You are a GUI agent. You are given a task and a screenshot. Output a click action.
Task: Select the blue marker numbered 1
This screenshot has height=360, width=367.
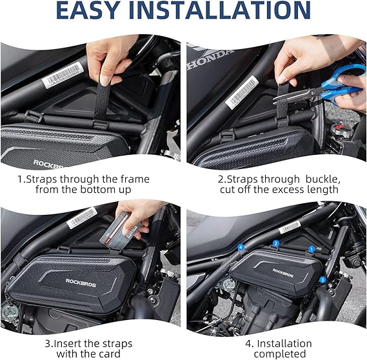tap(311, 248)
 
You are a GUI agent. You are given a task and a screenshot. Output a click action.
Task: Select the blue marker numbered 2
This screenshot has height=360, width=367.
tap(275, 243)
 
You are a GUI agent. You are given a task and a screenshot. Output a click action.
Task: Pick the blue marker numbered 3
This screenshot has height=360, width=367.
tap(322, 279)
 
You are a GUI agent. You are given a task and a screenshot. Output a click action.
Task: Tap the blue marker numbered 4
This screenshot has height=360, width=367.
tap(241, 247)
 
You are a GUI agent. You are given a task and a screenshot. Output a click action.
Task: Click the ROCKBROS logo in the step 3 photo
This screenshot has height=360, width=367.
tap(82, 281)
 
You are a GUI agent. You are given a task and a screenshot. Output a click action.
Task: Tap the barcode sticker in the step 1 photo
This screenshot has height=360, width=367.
tap(66, 75)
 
